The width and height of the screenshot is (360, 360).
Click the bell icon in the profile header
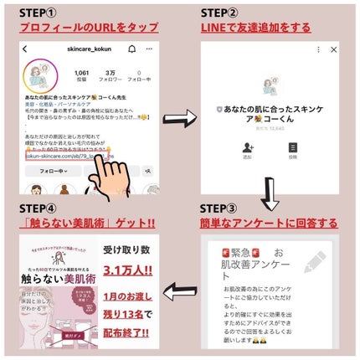[x=132, y=49]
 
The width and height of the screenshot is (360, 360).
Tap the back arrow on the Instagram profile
[x=26, y=49]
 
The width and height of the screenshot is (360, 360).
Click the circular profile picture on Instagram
[x=39, y=75]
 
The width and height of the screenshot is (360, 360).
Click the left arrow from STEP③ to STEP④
[x=180, y=293]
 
